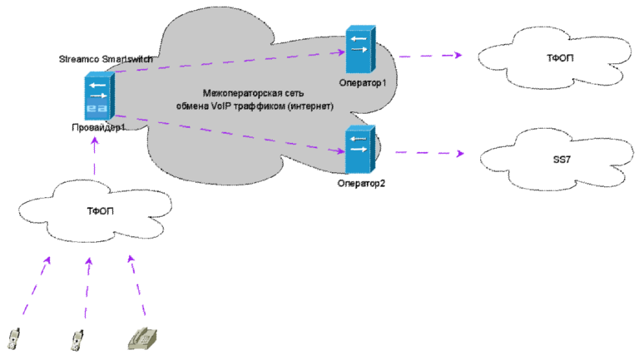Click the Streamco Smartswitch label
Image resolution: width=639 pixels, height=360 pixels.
pos(106,59)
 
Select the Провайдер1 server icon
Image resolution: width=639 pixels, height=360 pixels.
pos(100,96)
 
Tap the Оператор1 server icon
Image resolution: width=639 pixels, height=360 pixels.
pos(360,50)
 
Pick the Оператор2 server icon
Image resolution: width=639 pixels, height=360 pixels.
pos(359,150)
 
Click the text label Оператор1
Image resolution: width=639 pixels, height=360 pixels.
pos(362,83)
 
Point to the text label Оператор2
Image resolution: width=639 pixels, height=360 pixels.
pos(361,183)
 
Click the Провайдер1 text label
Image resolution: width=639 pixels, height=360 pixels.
pos(98,127)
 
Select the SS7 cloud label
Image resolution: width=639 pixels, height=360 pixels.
pos(562,160)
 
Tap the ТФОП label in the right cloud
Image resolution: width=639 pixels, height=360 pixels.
pos(560,58)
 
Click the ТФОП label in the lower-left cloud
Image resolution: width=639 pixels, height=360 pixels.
pos(100,211)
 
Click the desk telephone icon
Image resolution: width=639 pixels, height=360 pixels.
pos(142,339)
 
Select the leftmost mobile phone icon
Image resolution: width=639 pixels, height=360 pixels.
pos(14,339)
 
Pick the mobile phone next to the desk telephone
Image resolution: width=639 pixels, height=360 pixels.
pos(77,340)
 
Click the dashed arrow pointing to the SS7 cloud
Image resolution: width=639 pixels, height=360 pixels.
pos(430,153)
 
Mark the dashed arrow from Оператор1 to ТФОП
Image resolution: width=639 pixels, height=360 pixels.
pos(430,56)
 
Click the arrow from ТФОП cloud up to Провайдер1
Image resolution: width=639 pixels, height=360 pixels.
pos(95,156)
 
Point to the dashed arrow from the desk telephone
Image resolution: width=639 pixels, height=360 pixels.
pos(137,285)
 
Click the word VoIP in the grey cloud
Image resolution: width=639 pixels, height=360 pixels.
pos(221,106)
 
